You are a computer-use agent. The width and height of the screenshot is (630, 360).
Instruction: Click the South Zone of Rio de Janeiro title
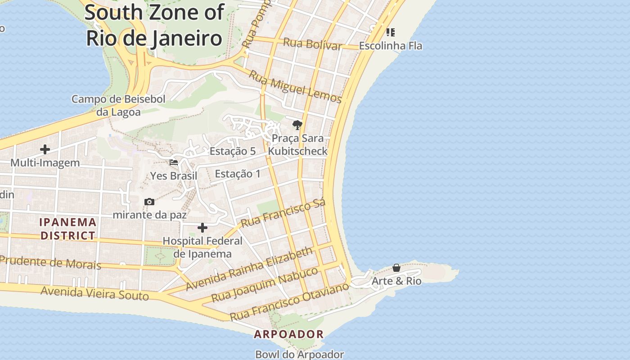(154, 25)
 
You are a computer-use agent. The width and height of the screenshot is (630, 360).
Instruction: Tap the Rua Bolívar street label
(312, 44)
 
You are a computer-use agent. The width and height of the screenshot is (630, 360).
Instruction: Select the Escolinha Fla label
(390, 46)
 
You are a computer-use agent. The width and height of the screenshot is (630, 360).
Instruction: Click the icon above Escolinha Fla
(390, 32)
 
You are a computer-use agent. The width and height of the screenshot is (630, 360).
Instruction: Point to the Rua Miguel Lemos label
(295, 87)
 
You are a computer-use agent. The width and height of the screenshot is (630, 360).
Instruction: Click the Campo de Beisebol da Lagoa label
(118, 105)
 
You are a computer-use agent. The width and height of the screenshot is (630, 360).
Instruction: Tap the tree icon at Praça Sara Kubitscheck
(297, 125)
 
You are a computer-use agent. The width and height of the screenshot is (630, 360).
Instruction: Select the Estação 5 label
(233, 151)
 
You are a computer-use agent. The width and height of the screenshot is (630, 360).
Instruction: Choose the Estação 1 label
(238, 174)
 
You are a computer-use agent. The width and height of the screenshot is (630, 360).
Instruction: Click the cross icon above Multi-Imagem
(45, 149)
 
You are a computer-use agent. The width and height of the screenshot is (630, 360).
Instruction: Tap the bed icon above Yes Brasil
(174, 162)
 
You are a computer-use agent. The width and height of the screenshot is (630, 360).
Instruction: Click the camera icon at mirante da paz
(149, 202)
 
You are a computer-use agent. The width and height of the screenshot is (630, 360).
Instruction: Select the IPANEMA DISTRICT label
(68, 229)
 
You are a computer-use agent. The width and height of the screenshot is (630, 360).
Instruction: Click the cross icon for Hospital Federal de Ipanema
(202, 228)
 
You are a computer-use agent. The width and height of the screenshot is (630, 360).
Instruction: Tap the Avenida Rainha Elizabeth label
(249, 269)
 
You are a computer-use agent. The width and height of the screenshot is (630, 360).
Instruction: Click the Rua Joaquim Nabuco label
(265, 284)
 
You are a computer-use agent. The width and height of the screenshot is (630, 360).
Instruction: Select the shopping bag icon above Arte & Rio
(396, 268)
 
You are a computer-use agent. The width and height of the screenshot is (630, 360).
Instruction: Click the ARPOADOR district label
(288, 334)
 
